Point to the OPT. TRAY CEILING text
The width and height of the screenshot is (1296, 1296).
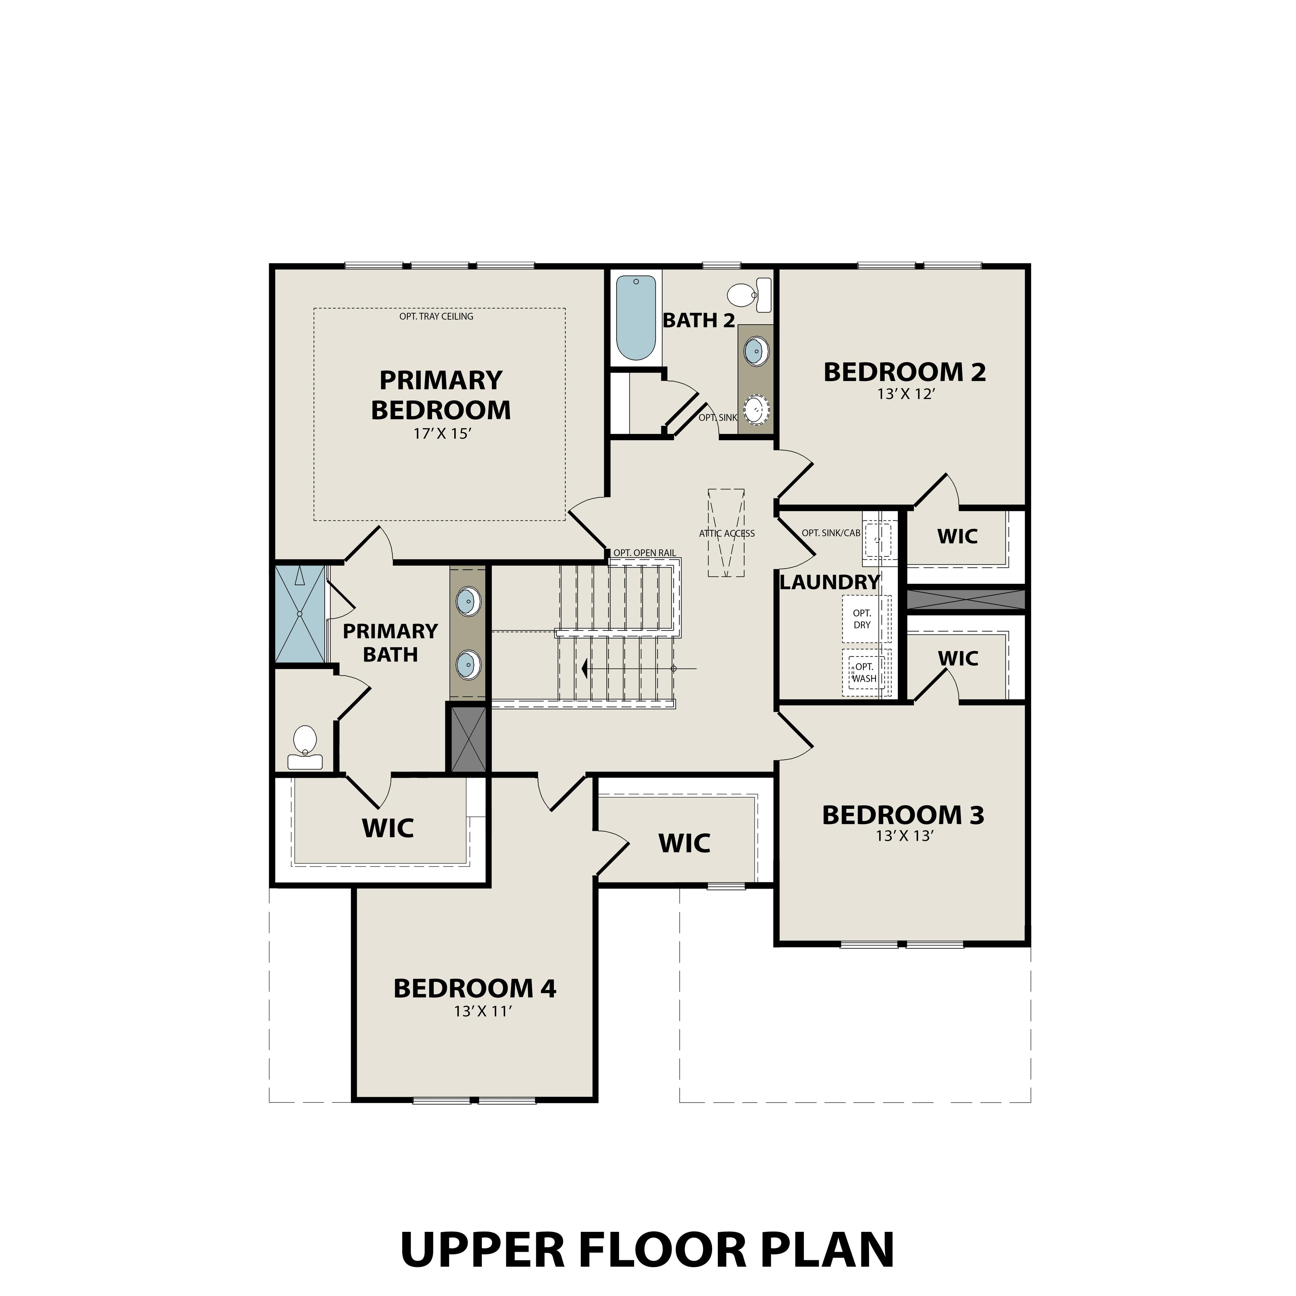(x=436, y=316)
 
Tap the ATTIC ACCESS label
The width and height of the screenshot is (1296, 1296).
(x=727, y=533)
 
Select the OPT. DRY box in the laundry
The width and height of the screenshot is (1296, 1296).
(x=862, y=619)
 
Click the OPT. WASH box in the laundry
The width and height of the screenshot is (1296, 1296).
(x=864, y=672)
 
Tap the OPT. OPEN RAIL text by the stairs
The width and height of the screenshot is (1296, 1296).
(x=644, y=553)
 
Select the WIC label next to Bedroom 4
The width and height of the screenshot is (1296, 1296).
(x=684, y=843)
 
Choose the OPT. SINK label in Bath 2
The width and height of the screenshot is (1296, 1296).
(x=718, y=417)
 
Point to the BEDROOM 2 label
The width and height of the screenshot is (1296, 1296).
(x=904, y=372)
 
